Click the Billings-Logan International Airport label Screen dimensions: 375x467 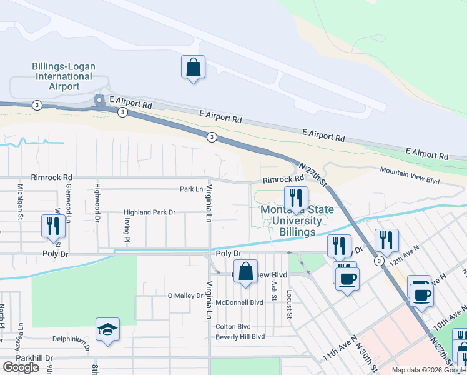[62, 76]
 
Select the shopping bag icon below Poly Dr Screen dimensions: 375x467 [246, 272]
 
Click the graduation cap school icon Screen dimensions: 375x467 [107, 329]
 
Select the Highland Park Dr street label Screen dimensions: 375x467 [149, 212]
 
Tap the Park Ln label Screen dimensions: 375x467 [192, 189]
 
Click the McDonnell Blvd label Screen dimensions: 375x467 [240, 302]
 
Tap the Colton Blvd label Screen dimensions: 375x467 [233, 327]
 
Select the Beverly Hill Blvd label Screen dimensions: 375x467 [240, 336]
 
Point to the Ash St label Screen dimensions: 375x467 [274, 290]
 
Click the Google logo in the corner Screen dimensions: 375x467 [21, 367]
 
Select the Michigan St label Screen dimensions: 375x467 [21, 196]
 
